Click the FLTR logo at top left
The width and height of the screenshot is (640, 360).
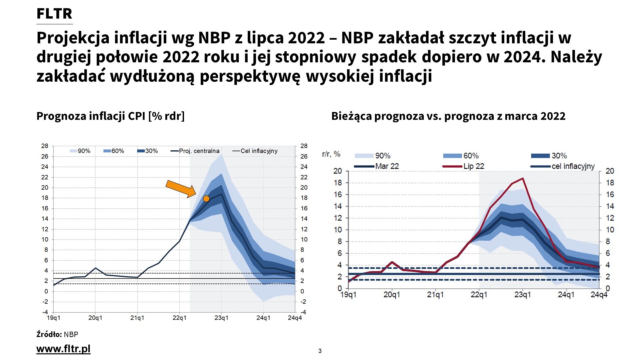pos(54,14)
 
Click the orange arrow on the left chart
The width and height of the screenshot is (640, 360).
pos(181,189)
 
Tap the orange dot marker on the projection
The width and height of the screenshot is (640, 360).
pos(206,199)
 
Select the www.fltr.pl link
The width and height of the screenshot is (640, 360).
pos(63,349)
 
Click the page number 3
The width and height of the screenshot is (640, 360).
pos(320,351)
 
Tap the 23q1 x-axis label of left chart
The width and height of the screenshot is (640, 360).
pos(221,318)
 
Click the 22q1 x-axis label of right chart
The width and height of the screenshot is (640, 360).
pos(479,295)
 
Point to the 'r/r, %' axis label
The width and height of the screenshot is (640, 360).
pos(331,154)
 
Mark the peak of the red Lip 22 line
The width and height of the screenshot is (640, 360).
pos(523,178)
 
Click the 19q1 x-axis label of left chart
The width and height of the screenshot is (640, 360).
pos(54,318)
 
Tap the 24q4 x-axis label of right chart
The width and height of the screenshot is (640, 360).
pos(599,295)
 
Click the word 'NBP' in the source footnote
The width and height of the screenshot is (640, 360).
pos(71,334)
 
